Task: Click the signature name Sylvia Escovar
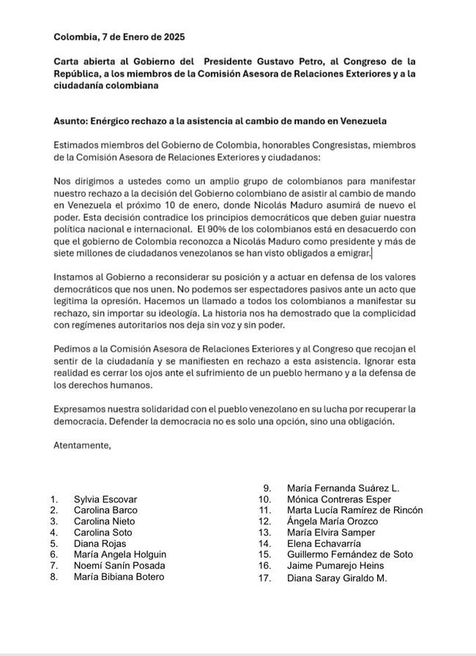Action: (x=105, y=499)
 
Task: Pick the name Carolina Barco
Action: (x=105, y=510)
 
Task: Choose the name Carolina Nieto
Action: (x=104, y=521)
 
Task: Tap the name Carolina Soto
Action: (x=103, y=532)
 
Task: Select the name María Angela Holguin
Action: (x=120, y=554)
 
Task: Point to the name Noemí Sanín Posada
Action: (x=119, y=565)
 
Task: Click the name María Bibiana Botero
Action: (x=119, y=576)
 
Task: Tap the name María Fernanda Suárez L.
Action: (x=343, y=489)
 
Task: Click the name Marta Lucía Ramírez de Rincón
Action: (x=354, y=510)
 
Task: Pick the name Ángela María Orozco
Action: (x=332, y=521)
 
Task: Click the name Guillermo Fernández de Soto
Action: (x=350, y=554)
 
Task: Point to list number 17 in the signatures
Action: (x=265, y=578)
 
